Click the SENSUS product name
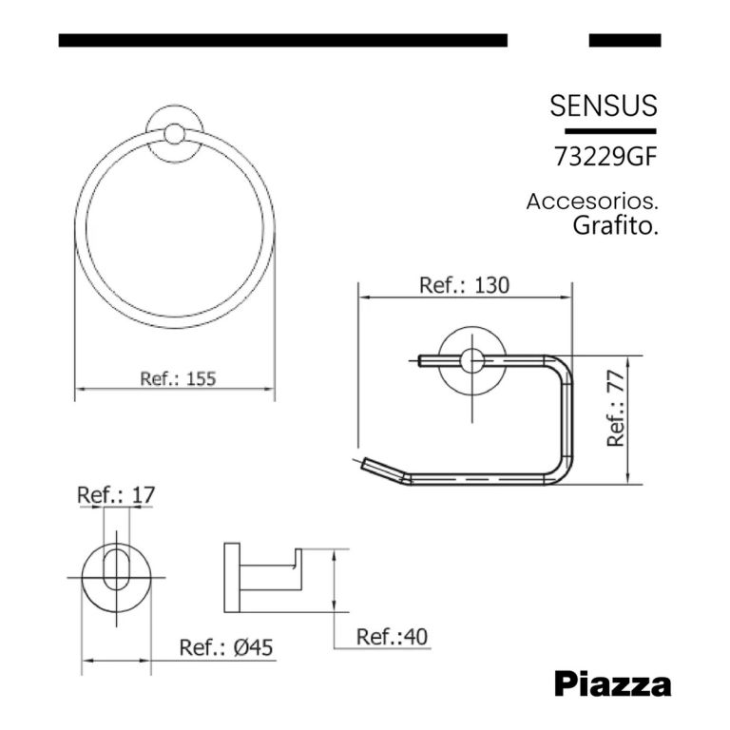point(603,106)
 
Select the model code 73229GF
point(605,158)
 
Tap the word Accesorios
point(591,202)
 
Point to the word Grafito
point(616,226)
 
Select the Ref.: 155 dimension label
point(178,377)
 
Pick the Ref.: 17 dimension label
point(115,495)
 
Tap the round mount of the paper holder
point(469,360)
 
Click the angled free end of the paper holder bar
point(380,468)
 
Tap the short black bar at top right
point(624,40)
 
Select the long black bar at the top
point(282,40)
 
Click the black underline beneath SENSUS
point(610,130)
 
